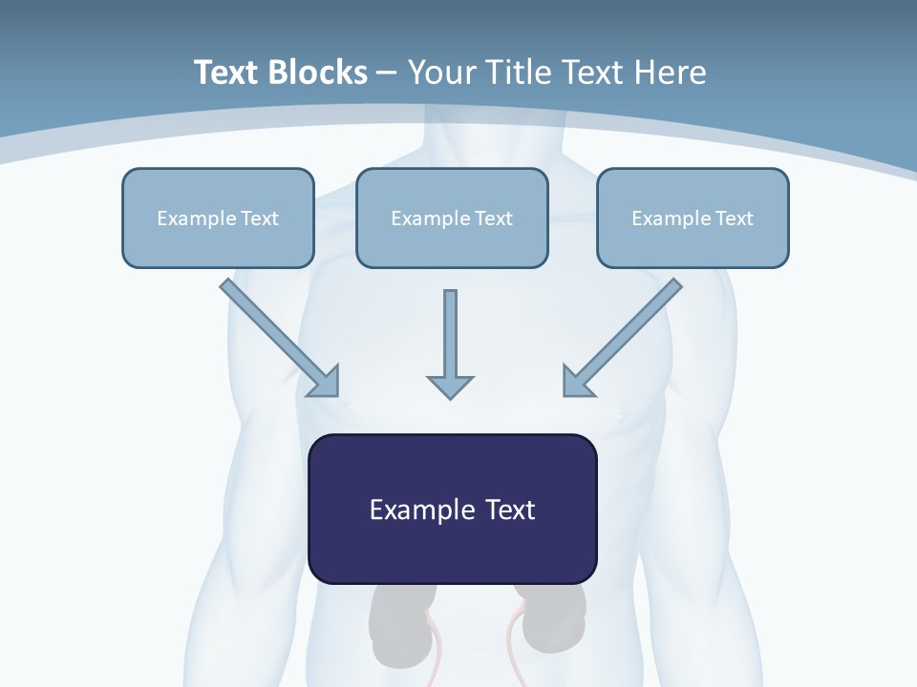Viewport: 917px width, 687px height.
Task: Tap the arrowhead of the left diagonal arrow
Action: click(326, 382)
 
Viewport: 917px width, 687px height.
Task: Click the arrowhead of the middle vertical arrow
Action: click(450, 385)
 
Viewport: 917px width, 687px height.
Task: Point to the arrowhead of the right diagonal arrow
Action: click(577, 381)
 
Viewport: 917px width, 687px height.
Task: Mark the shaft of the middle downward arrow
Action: click(450, 330)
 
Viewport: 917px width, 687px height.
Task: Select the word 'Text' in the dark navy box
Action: click(510, 510)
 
